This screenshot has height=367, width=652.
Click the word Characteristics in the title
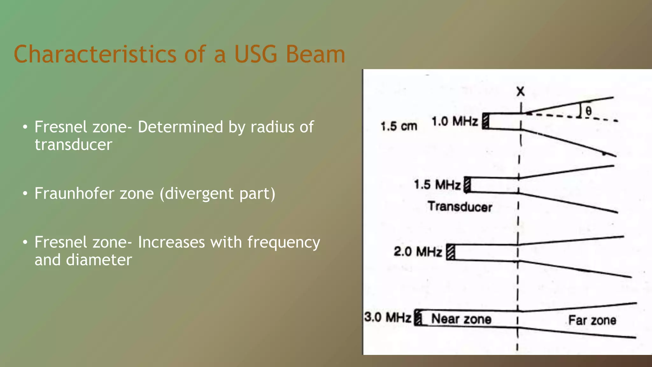95,54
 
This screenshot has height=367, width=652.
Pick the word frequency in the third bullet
284,243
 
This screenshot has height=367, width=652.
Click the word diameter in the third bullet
99,260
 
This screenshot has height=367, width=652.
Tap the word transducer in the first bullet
73,145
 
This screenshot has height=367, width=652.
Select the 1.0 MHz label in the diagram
455,121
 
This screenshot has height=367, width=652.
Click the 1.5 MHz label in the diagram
437,185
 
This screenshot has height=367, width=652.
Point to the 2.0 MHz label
418,252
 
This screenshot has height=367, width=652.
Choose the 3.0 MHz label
388,317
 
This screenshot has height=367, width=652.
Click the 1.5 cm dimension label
399,126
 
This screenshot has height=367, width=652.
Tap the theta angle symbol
588,111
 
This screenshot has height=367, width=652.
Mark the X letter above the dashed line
521,92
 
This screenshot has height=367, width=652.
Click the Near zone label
461,319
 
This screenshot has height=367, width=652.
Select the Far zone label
592,320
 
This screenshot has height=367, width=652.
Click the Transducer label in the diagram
460,207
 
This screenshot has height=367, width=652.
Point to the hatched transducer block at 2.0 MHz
450,252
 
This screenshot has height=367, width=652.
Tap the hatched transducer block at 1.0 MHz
485,121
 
